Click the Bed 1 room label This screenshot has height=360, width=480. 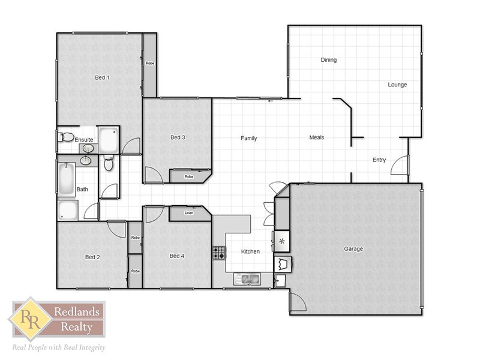pos(102,77)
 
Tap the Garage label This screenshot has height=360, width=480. pos(353,249)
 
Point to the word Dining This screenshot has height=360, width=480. pos(329,60)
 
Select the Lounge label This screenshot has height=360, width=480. pos(397,85)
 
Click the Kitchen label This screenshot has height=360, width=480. pos(250,251)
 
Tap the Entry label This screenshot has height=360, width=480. pos(379,160)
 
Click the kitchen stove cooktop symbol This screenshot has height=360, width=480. pos(218,253)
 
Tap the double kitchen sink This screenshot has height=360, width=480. pos(247,278)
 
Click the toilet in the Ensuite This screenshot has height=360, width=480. pos(66,137)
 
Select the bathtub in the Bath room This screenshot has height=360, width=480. pos(66,179)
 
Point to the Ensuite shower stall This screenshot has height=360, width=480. pos(109,140)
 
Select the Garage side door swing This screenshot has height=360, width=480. pos(296,302)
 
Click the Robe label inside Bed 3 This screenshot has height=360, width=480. pos(189,176)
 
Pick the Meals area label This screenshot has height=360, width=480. pos(317,137)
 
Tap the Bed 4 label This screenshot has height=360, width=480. pos(177,256)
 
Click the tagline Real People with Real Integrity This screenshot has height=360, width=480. pos(59,347)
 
